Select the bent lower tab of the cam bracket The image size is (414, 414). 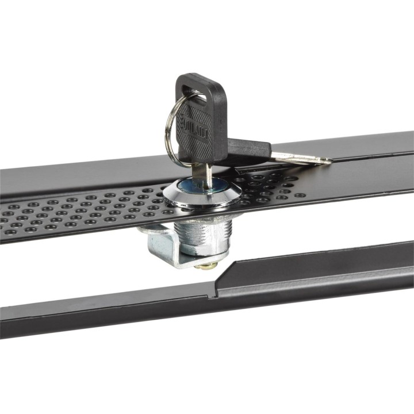(x=184, y=262)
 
